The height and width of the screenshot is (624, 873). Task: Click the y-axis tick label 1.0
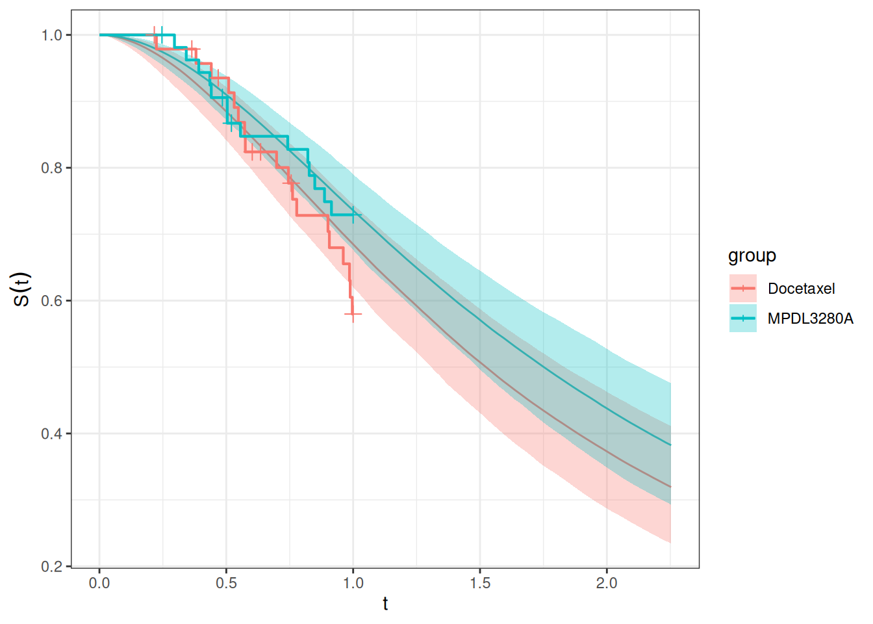(51, 35)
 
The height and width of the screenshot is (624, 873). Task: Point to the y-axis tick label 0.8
(51, 168)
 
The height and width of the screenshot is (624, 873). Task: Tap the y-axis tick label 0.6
(51, 301)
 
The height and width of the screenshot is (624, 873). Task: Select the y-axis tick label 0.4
(51, 434)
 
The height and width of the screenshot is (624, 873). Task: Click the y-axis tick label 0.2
(51, 567)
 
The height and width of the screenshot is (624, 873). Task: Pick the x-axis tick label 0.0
(99, 583)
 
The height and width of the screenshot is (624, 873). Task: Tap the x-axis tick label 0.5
(226, 583)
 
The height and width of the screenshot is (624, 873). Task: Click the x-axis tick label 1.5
(480, 583)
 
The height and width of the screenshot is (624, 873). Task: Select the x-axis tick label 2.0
(607, 583)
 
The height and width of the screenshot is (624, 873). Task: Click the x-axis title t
(385, 604)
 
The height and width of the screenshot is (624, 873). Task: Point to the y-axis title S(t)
(21, 289)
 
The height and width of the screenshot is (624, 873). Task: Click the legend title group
(752, 255)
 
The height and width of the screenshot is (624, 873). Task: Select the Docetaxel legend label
(801, 289)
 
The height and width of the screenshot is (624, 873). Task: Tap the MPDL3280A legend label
(810, 318)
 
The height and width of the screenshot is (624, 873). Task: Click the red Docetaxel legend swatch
(743, 289)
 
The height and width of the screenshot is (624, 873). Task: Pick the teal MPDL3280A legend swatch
(743, 318)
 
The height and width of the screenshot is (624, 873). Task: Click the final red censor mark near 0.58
(353, 314)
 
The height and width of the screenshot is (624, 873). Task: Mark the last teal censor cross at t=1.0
(353, 214)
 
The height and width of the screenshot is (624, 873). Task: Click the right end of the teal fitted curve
(670, 445)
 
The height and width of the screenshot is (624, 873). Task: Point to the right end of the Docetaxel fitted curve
(670, 487)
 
